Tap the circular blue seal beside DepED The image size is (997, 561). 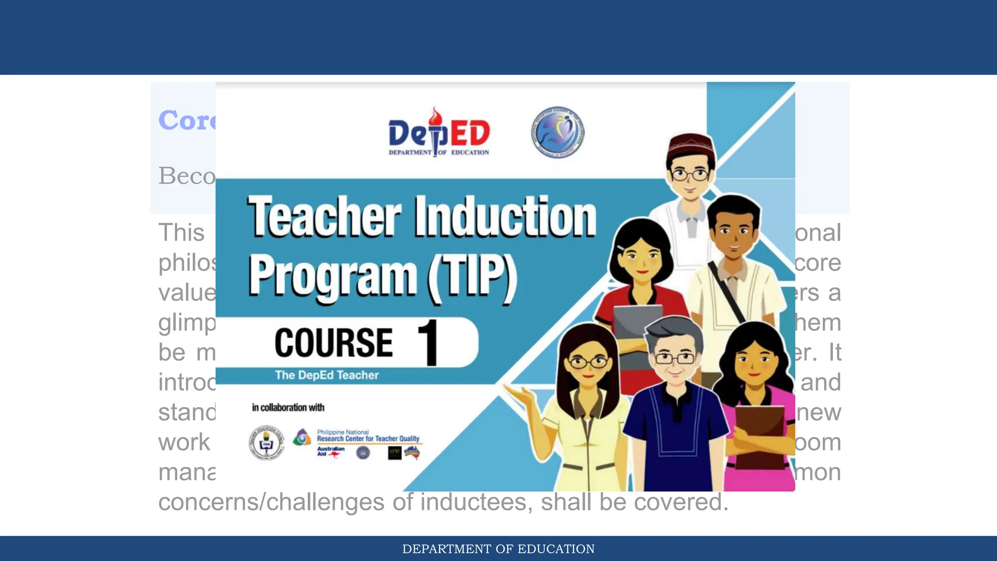click(x=557, y=132)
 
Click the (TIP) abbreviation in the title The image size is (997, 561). click(x=472, y=278)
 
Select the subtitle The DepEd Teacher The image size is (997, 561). click(x=327, y=375)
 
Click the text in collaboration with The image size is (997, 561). click(x=288, y=408)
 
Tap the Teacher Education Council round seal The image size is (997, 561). click(x=266, y=443)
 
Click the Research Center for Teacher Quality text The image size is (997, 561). click(x=368, y=438)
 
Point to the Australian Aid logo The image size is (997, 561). click(x=331, y=451)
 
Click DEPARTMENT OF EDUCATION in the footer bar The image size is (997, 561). click(x=498, y=549)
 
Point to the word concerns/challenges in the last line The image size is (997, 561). click(x=271, y=502)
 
